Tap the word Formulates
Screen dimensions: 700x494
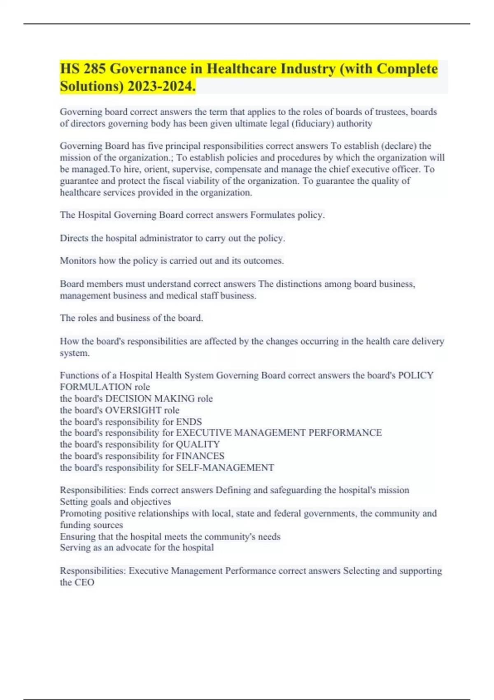pyautogui.click(x=272, y=215)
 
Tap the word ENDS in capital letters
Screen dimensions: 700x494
pyautogui.click(x=189, y=422)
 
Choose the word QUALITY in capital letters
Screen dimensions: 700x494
pyautogui.click(x=198, y=444)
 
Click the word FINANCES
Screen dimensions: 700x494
pyautogui.click(x=200, y=456)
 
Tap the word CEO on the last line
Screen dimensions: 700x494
pyautogui.click(x=84, y=582)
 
